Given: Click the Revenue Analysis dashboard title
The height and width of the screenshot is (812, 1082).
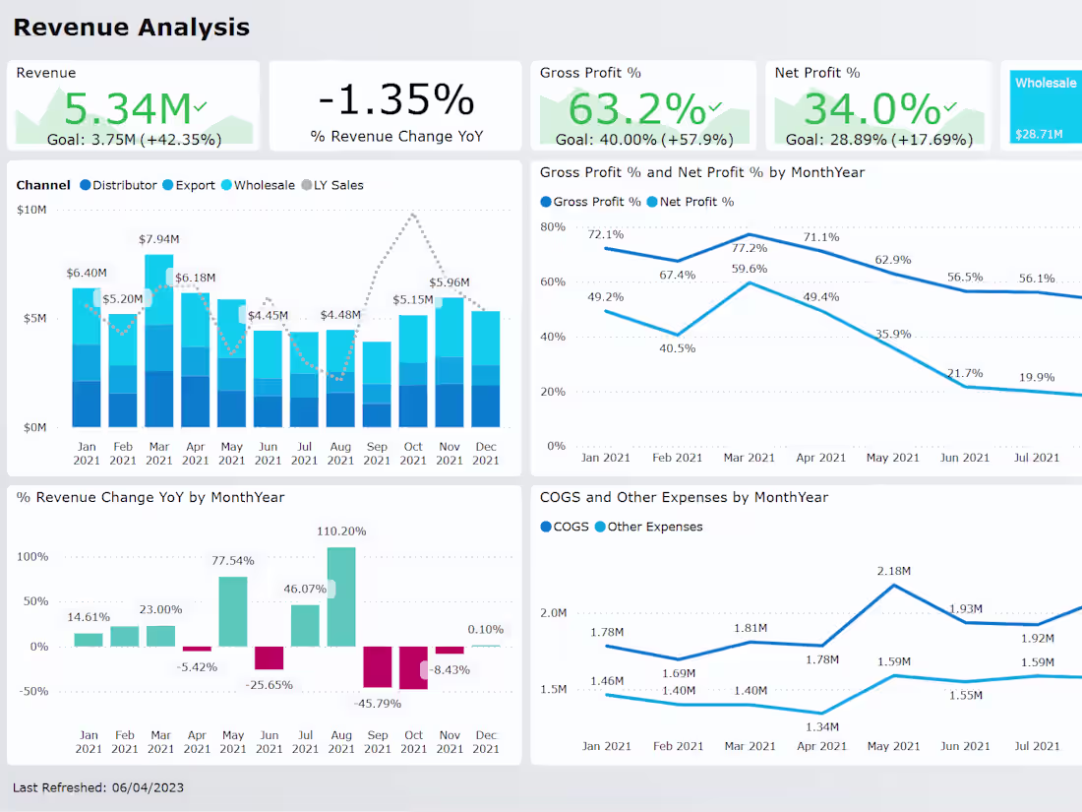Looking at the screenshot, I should coord(131,28).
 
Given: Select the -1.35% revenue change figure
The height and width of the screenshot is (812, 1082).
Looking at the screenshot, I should coord(395,99).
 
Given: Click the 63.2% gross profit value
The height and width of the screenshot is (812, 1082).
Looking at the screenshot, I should coord(637,106).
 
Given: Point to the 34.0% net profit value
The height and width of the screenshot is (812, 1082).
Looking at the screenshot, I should coord(872,106).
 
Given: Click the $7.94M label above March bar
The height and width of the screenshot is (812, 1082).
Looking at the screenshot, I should coord(158,239).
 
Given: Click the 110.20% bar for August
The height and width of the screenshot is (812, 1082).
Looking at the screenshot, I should coord(341,596).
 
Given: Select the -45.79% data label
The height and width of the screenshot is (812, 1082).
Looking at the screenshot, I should coord(378,704).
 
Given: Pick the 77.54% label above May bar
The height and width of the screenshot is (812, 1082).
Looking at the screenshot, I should coord(233,560).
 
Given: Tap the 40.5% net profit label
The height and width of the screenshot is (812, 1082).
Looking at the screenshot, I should coord(677,348).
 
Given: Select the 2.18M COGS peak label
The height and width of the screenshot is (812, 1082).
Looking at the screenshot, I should coord(893,571).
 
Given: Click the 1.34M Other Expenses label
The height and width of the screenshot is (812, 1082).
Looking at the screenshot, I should coord(821,726).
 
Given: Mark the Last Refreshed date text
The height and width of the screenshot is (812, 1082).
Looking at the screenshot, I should coord(98,787).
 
